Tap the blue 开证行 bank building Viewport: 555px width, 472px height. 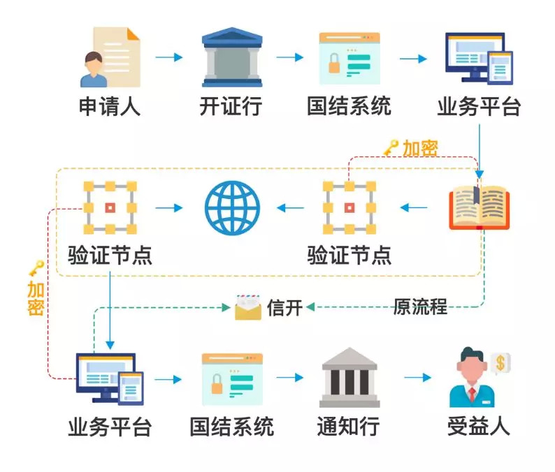tap(232, 57)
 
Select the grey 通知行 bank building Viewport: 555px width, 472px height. tap(349, 377)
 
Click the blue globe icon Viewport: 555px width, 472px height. tap(232, 208)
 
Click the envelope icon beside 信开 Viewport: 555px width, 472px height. tap(248, 307)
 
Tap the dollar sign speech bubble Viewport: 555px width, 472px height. tap(500, 363)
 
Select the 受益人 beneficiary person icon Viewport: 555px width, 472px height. tap(473, 377)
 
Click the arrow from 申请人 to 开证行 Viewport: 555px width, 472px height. tap(169, 57)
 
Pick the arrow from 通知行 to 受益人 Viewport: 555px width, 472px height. tap(418, 378)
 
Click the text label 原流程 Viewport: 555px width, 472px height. tap(420, 307)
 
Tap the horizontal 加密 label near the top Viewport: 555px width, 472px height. tap(420, 148)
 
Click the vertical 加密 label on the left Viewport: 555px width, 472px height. tap(36, 298)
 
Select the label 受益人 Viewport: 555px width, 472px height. tap(478, 427)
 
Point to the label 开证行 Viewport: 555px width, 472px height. tap(231, 105)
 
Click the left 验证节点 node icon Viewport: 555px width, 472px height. tap(110, 208)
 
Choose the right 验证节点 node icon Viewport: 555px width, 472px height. tap(349, 208)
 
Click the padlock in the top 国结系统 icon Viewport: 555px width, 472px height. tap(334, 64)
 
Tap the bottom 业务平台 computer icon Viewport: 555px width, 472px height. tap(110, 379)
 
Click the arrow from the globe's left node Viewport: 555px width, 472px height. tap(169, 208)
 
